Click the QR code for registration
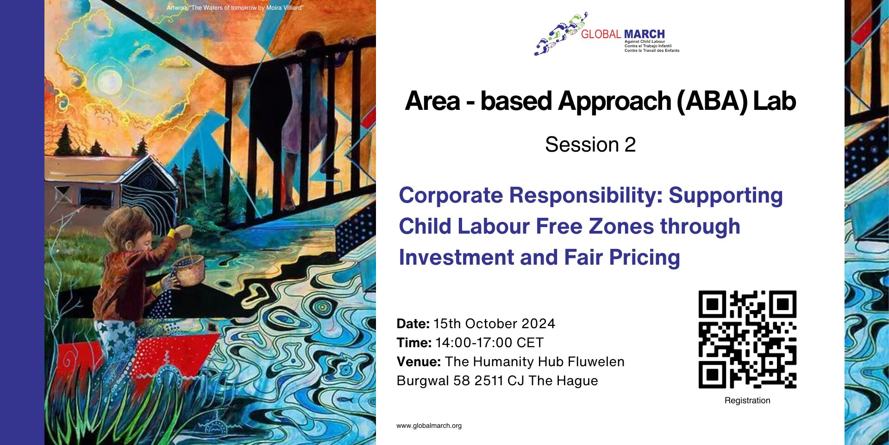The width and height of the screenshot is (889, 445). [747, 339]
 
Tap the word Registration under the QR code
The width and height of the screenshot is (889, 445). [747, 400]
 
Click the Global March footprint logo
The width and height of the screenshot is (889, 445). [561, 33]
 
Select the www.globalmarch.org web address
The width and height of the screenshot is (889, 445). [429, 426]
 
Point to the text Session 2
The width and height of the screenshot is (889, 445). [590, 144]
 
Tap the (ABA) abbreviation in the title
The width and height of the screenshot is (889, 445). [712, 101]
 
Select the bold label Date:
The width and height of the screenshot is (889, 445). [413, 324]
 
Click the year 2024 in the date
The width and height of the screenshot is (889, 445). [538, 324]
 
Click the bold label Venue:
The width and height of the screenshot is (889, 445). [419, 362]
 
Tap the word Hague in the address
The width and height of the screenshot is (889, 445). [577, 381]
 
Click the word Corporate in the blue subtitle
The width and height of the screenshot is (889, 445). [451, 195]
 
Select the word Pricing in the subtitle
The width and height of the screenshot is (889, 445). [644, 257]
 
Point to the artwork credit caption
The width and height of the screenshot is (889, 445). [235, 8]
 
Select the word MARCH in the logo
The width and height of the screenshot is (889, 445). [644, 34]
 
